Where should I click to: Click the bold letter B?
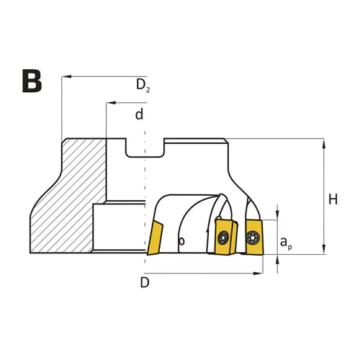click(32, 81)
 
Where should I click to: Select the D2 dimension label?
click(143, 85)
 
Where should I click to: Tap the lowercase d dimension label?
click(139, 114)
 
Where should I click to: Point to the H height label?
click(333, 199)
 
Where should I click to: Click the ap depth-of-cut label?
click(286, 243)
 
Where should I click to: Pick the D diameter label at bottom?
click(145, 282)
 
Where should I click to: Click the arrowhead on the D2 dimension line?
click(66, 76)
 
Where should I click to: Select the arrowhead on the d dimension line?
click(111, 103)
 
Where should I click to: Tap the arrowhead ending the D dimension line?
click(258, 273)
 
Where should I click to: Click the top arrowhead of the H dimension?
click(324, 143)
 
